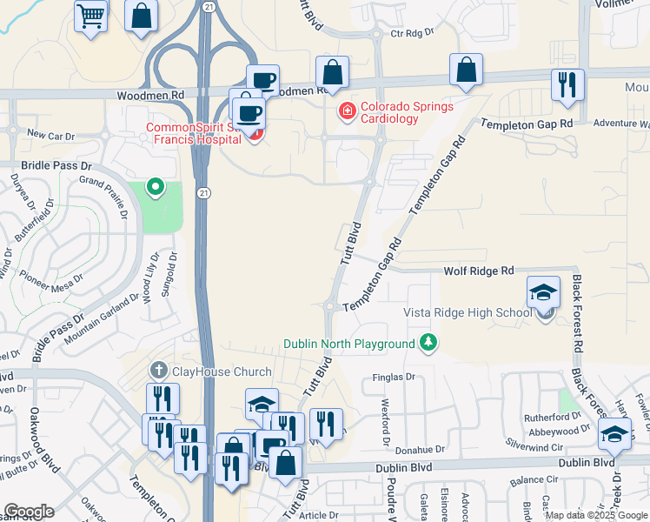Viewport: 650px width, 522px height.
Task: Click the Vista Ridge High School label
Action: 468,312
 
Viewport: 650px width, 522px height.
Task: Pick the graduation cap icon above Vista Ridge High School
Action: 544,291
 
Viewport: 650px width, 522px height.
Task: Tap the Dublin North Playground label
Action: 349,344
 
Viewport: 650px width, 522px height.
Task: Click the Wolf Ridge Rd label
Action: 479,271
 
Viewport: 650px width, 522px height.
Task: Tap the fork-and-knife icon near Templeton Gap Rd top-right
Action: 567,85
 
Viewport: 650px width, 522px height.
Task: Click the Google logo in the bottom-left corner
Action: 29,512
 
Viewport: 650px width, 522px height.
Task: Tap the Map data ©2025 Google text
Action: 595,515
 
